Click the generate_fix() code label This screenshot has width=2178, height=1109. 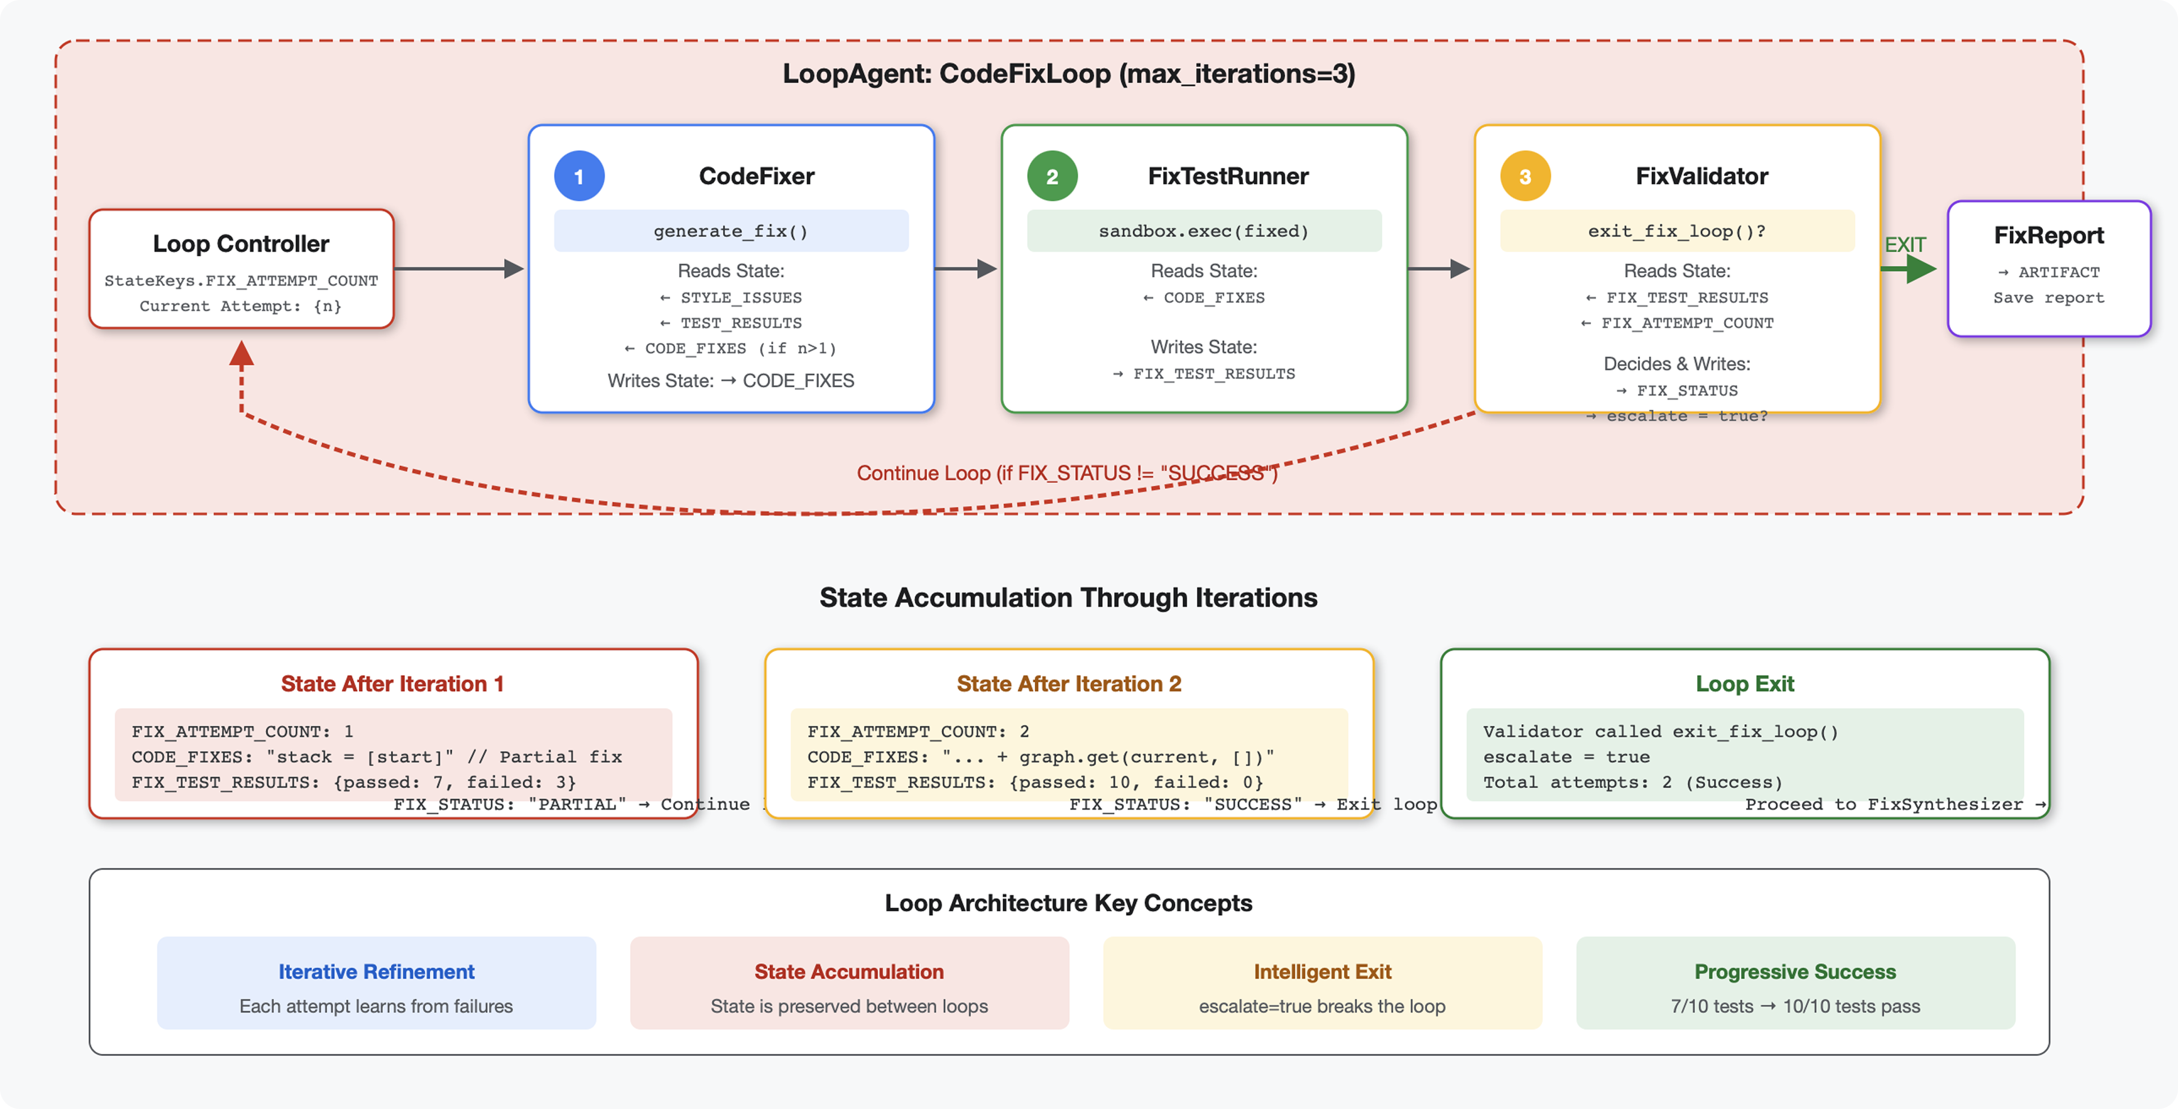(x=731, y=231)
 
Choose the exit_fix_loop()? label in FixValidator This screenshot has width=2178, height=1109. (x=1677, y=231)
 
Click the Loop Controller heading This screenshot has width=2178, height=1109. (x=241, y=243)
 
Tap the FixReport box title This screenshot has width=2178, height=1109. (x=2048, y=235)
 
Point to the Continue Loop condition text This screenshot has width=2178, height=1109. (x=1066, y=473)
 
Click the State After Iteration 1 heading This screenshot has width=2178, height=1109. (x=393, y=684)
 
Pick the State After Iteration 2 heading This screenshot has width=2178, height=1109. (x=1068, y=684)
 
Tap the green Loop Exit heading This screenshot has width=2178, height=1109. (x=1744, y=684)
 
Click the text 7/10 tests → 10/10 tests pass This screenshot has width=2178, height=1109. (x=1795, y=1006)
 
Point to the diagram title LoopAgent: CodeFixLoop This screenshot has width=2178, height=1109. (x=1068, y=74)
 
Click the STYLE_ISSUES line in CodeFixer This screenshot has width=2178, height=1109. (x=732, y=298)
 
